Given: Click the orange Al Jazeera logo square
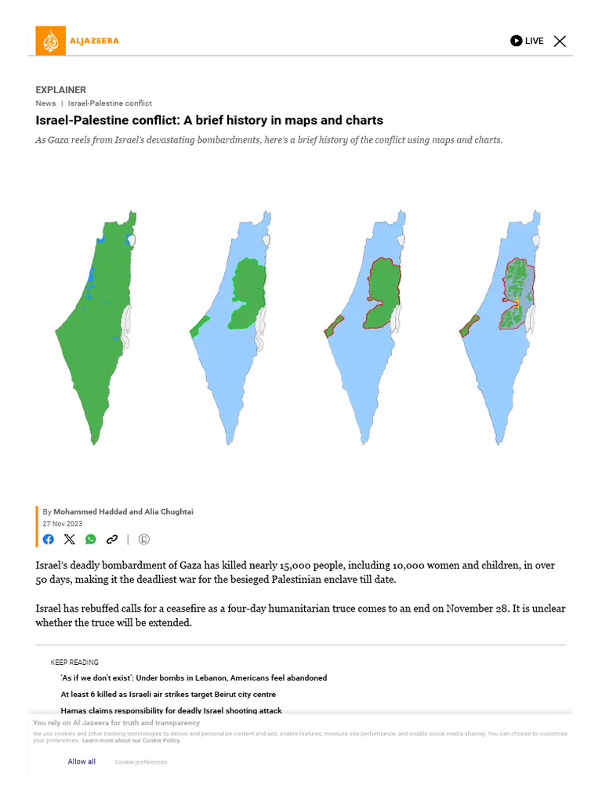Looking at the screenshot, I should [51, 41].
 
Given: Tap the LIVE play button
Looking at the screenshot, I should [516, 41].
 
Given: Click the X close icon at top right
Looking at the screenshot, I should [560, 41].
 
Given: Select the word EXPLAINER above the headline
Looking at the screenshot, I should [60, 90].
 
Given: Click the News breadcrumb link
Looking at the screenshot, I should [45, 103].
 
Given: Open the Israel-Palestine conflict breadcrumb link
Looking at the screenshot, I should [110, 103].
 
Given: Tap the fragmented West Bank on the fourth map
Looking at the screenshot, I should [517, 294].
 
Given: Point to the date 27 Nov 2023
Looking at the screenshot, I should [62, 523].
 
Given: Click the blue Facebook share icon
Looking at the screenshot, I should [49, 539].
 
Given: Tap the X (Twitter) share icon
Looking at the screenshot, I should [70, 539].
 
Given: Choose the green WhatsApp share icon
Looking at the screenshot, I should [91, 539].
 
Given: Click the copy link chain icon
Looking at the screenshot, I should [112, 539].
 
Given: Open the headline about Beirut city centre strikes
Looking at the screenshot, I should [168, 694].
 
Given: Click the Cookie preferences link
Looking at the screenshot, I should [141, 761].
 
